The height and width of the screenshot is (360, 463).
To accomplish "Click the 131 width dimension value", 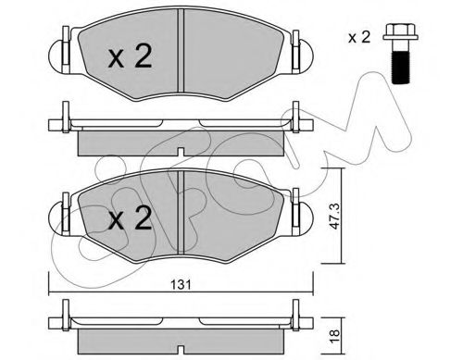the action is pyautogui.click(x=181, y=285).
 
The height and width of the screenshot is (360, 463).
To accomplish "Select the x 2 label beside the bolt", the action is pyautogui.click(x=359, y=38).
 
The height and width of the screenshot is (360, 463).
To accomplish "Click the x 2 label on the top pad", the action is pyautogui.click(x=130, y=56).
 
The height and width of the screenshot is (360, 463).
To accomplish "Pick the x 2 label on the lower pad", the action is pyautogui.click(x=130, y=218).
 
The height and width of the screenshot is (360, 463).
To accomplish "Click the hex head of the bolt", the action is pyautogui.click(x=401, y=31).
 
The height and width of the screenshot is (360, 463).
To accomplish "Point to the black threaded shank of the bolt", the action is pyautogui.click(x=401, y=68).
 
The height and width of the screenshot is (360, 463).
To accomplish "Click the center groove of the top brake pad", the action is pyautogui.click(x=181, y=50).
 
